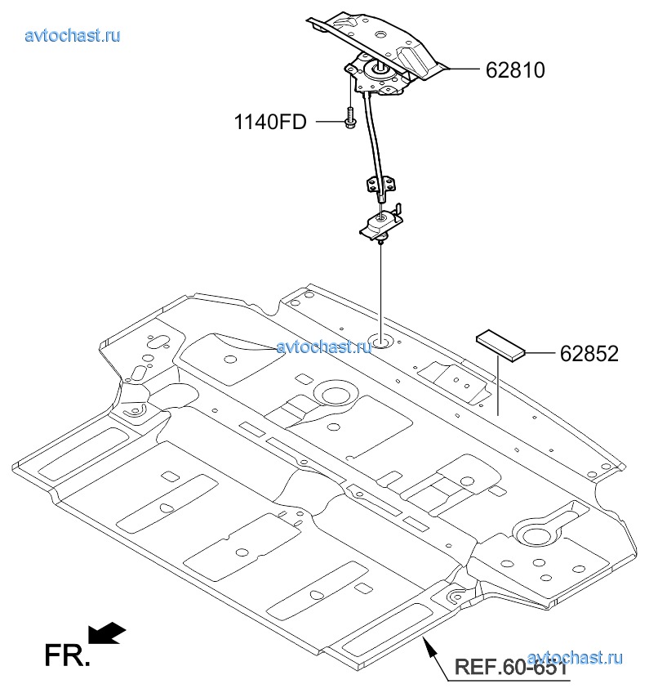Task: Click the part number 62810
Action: point(515,70)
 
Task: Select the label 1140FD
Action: point(270,123)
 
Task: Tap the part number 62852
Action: point(589,354)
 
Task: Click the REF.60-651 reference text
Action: point(510,665)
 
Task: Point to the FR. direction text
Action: point(67,655)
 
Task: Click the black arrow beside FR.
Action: point(106,632)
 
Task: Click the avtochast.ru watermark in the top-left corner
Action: point(73,35)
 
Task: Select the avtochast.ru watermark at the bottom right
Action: point(576,657)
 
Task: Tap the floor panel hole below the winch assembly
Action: point(380,339)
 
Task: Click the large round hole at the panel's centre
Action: point(334,394)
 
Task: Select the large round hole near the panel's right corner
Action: point(536,535)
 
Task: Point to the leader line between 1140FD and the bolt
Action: point(327,123)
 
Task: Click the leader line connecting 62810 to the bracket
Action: point(460,70)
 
